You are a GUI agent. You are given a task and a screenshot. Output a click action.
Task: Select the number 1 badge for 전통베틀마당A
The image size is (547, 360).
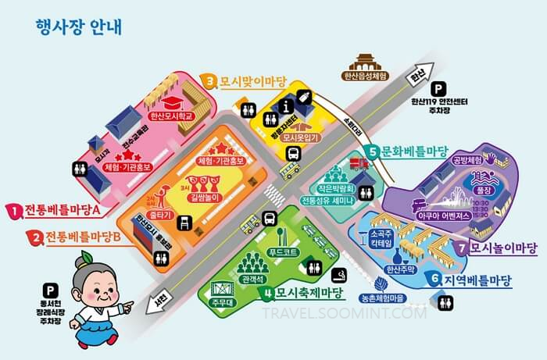coord(14,209)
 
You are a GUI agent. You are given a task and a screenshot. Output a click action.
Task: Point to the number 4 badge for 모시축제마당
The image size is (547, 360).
coord(267,294)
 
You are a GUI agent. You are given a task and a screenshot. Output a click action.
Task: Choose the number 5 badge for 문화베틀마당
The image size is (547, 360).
coord(374,151)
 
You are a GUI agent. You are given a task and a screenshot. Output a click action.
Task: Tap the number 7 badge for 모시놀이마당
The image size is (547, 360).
coord(463,248)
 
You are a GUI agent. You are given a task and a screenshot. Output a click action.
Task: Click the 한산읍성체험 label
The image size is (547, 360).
coord(366,77)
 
